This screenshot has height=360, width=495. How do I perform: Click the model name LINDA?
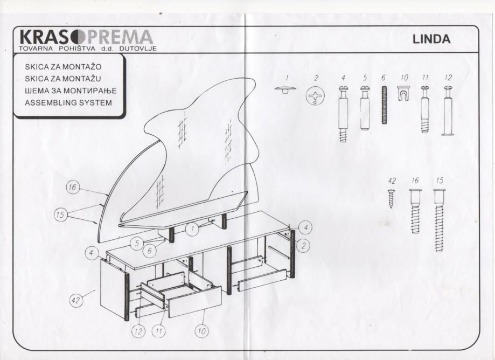coord(431,39)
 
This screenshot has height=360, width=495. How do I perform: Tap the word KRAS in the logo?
coord(44,37)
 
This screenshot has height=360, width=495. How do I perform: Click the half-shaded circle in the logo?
coord(77,37)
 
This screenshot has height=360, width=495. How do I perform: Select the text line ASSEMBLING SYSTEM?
coord(68,102)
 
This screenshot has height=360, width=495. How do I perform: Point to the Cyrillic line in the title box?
coord(71,91)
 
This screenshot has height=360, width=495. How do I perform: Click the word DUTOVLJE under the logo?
coord(138,49)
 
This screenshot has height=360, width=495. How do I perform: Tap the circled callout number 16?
coord(72,187)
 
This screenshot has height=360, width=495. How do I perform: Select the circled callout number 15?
coord(60,214)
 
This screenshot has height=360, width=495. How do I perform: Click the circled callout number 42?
coord(75,300)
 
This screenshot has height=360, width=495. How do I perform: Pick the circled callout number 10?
coord(201,331)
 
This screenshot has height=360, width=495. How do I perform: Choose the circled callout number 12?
coord(138,331)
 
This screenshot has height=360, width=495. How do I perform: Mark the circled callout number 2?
coord(303,245)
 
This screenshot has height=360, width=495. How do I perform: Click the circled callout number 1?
coord(192,229)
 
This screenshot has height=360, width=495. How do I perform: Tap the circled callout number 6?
coord(149,251)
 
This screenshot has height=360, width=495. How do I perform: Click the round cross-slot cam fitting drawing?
coord(315,96)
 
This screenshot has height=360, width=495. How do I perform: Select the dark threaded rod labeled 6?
coord(384,105)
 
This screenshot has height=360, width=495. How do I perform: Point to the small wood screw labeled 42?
coord(391,198)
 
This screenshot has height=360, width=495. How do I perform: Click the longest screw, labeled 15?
coord(439,220)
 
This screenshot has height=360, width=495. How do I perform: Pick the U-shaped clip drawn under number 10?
coord(403,93)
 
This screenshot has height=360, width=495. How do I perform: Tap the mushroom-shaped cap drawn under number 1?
coord(285,89)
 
